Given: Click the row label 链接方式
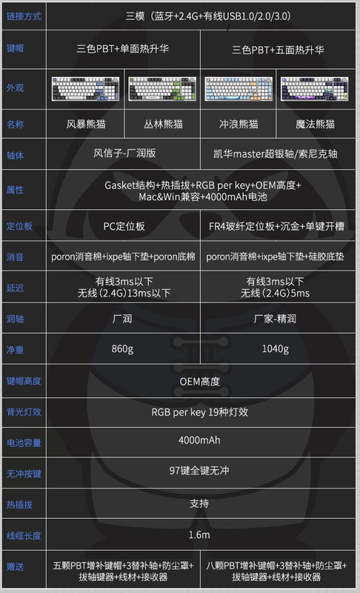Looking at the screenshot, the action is pyautogui.click(x=24, y=16).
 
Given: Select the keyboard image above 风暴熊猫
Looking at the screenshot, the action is pyautogui.click(x=85, y=89).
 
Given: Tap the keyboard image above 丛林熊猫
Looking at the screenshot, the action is pyautogui.click(x=162, y=89).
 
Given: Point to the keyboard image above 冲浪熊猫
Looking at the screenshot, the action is pyautogui.click(x=239, y=89).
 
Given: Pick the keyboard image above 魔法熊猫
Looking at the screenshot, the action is pyautogui.click(x=315, y=89).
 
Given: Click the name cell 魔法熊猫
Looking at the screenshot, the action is pyautogui.click(x=315, y=124).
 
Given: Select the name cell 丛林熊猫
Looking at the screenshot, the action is pyautogui.click(x=163, y=124).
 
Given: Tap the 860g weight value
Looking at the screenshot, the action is pyautogui.click(x=122, y=348).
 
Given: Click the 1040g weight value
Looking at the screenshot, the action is pyautogui.click(x=276, y=348).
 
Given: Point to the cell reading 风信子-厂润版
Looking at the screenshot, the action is pyautogui.click(x=124, y=153).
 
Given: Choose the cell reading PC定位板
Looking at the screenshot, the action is pyautogui.click(x=124, y=226).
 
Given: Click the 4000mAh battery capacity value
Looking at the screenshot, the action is pyautogui.click(x=199, y=440).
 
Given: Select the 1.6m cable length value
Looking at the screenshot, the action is pyautogui.click(x=199, y=534).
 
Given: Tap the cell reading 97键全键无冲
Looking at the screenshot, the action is pyautogui.click(x=199, y=471).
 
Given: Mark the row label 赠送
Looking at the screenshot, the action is pyautogui.click(x=15, y=566).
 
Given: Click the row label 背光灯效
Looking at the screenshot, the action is pyautogui.click(x=24, y=412).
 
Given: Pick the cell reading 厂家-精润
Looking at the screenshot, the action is pyautogui.click(x=275, y=319).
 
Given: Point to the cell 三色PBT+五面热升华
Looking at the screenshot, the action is pyautogui.click(x=278, y=50).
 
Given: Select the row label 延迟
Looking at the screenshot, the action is pyautogui.click(x=15, y=288).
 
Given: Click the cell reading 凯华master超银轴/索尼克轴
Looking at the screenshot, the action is pyautogui.click(x=276, y=154).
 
